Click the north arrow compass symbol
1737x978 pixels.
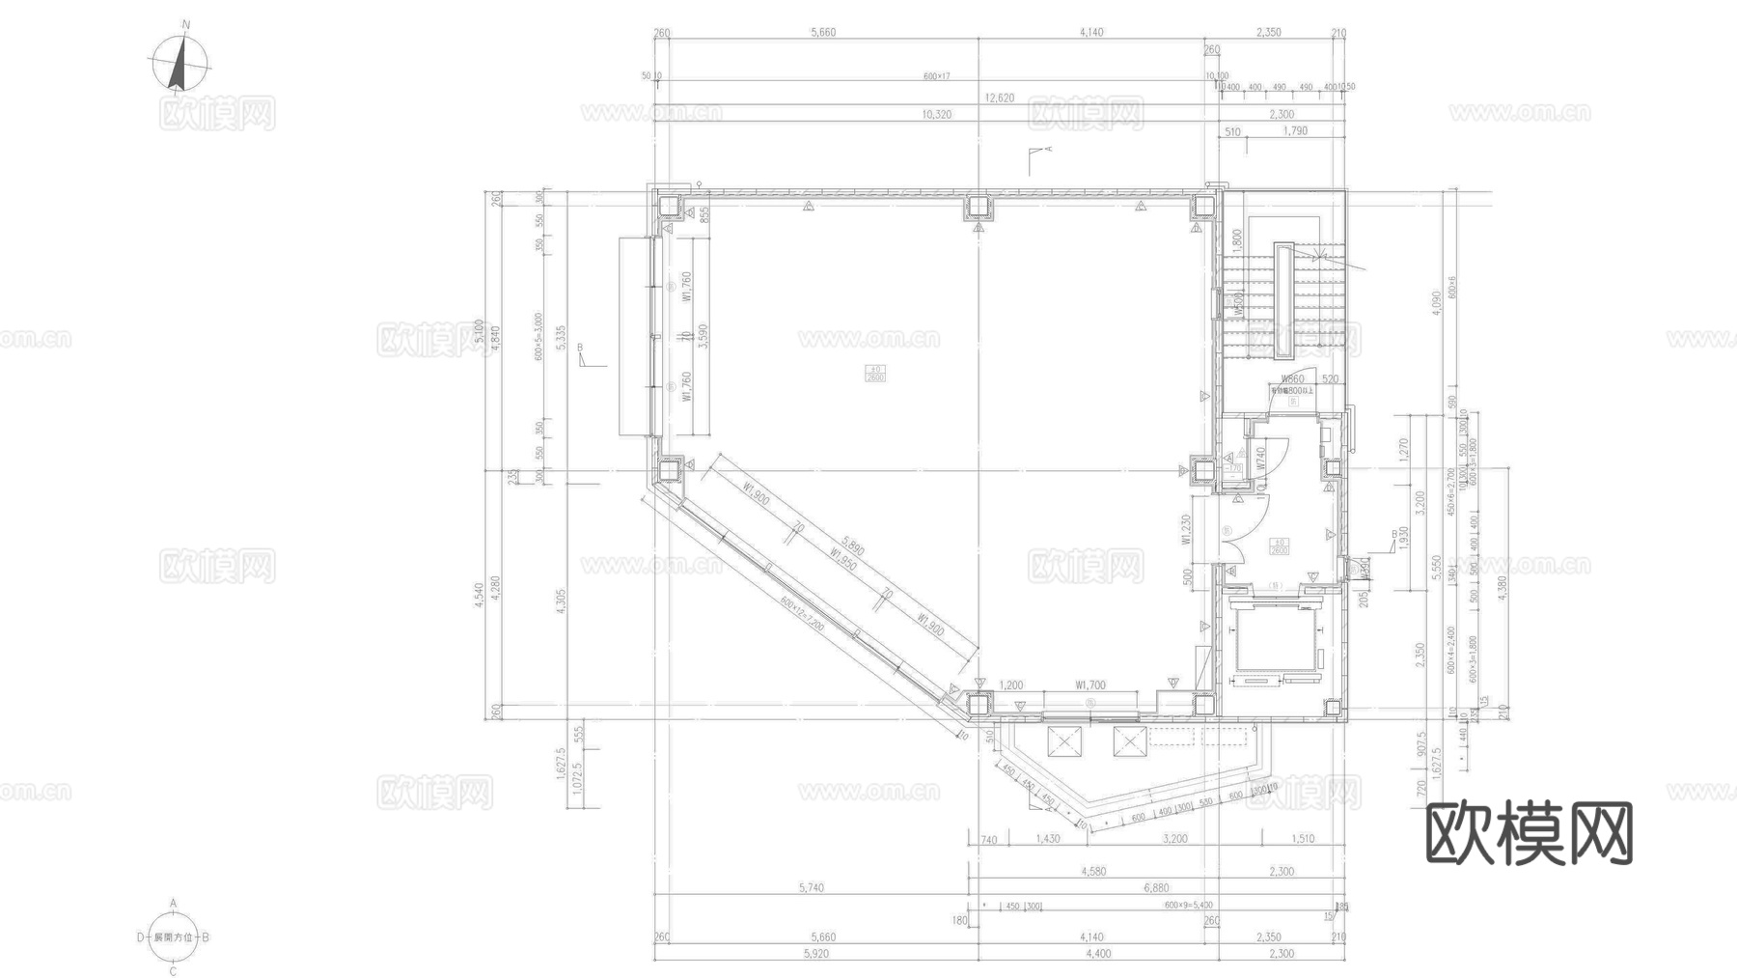[179, 64]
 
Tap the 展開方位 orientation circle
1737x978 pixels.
[174, 936]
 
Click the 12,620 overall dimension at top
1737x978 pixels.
[999, 98]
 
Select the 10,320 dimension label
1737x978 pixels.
[936, 114]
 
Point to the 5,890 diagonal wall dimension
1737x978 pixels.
[852, 546]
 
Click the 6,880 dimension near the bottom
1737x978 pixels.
[1155, 887]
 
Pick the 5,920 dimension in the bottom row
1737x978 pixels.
[815, 954]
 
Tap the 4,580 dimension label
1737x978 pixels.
[1092, 871]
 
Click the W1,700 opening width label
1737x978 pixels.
[1090, 685]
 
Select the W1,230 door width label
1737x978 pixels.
[1187, 530]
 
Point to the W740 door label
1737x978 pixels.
[1260, 459]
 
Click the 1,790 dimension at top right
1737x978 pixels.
[1295, 130]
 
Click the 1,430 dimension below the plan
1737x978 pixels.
[1047, 839]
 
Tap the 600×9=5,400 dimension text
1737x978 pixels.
[1189, 906]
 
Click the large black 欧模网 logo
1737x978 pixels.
[1529, 833]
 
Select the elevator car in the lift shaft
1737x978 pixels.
[1277, 640]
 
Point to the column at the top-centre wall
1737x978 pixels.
[979, 208]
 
